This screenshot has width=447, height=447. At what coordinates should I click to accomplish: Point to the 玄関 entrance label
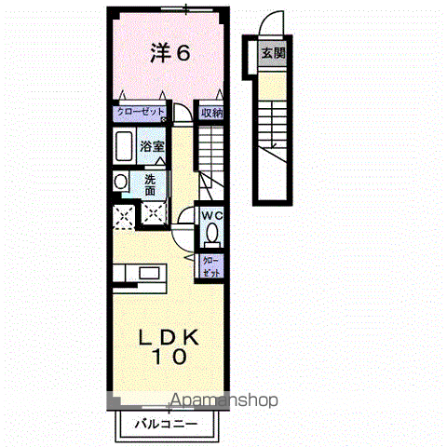[273, 54]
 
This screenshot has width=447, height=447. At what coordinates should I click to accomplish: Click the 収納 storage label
[212, 113]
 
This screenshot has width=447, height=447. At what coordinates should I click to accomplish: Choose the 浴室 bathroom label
[153, 146]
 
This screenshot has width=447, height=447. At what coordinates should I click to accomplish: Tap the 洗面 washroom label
[150, 183]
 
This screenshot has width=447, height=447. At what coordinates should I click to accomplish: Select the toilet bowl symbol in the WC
[212, 233]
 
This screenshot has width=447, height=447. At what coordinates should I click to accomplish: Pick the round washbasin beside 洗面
[119, 182]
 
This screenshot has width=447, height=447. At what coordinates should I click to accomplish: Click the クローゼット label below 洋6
[141, 112]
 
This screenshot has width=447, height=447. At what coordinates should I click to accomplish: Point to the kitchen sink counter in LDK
[140, 275]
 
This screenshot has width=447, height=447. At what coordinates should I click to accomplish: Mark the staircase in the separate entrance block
[274, 121]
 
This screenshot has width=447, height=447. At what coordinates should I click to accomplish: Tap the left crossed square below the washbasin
[120, 216]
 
